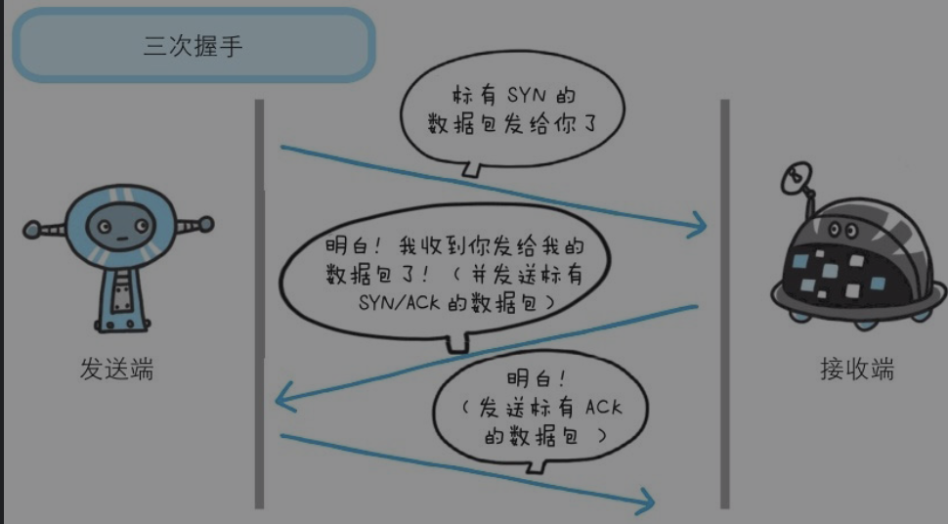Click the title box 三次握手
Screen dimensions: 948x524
click(x=193, y=46)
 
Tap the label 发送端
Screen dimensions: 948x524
click(x=116, y=370)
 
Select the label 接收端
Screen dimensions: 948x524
click(x=856, y=370)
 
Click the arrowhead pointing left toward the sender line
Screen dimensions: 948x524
click(x=283, y=399)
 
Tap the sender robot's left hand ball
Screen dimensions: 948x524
click(x=32, y=231)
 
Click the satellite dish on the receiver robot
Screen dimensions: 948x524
click(x=797, y=177)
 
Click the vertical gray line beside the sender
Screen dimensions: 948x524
click(x=259, y=303)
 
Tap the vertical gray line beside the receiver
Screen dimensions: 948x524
click(x=724, y=303)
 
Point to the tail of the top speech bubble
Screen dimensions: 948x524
click(x=472, y=172)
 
